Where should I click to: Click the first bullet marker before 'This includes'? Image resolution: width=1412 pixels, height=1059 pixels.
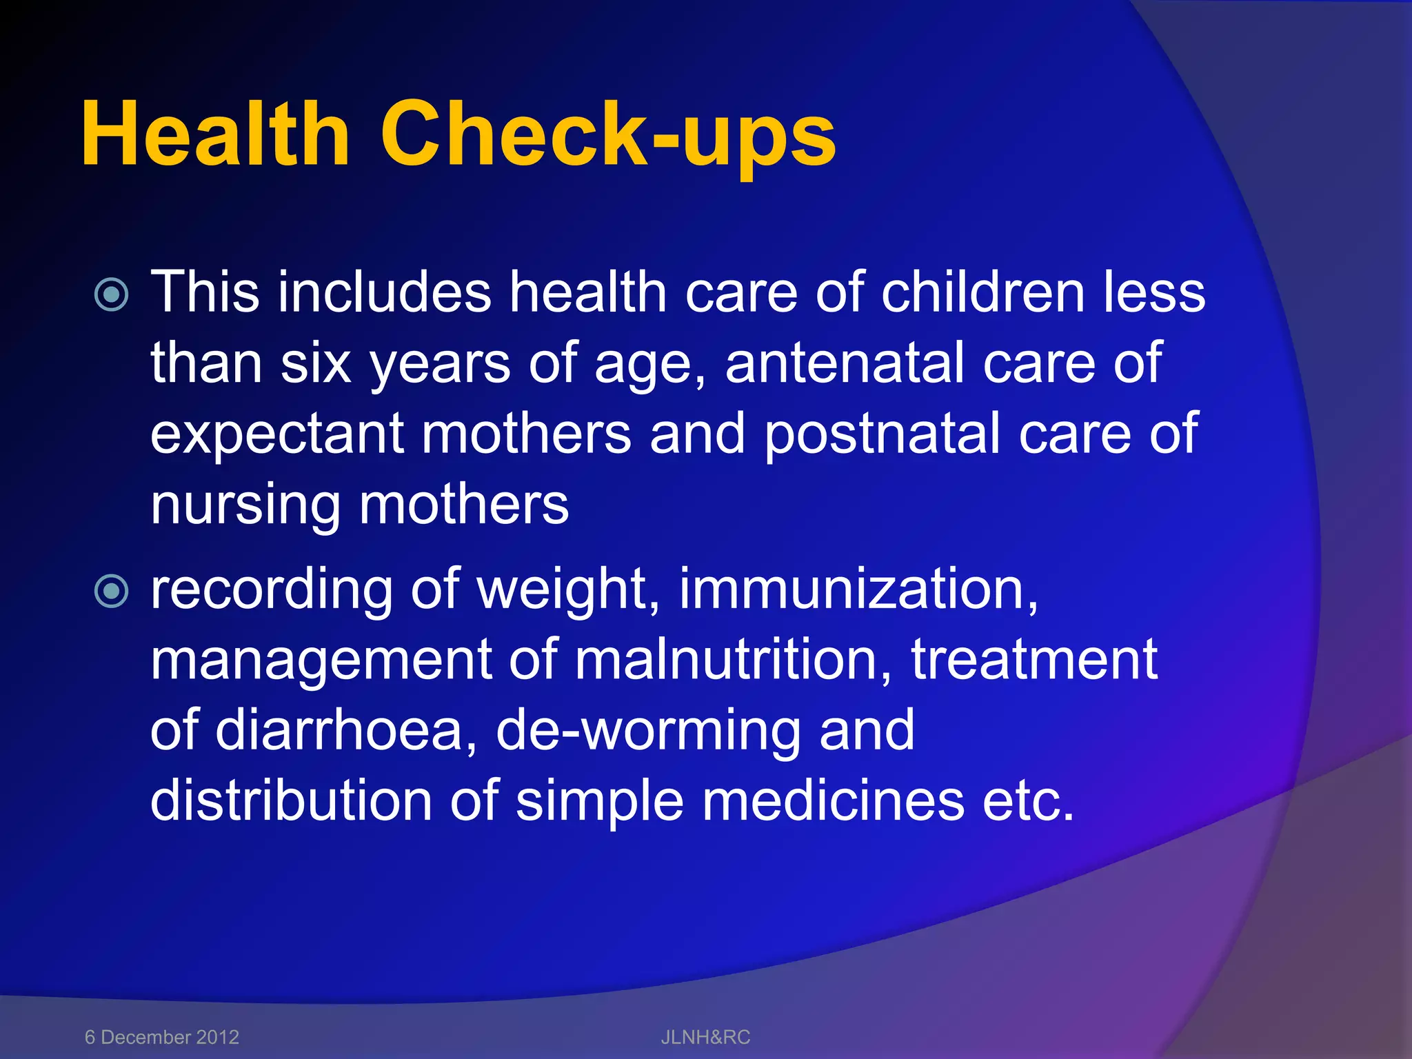111,295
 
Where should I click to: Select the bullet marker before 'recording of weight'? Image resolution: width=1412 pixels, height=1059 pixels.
111,592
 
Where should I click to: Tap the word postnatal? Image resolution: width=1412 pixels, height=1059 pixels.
882,434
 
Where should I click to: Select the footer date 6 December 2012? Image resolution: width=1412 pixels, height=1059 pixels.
161,1037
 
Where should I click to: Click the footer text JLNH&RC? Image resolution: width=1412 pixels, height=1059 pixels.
705,1037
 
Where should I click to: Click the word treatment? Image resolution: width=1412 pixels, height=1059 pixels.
1034,660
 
